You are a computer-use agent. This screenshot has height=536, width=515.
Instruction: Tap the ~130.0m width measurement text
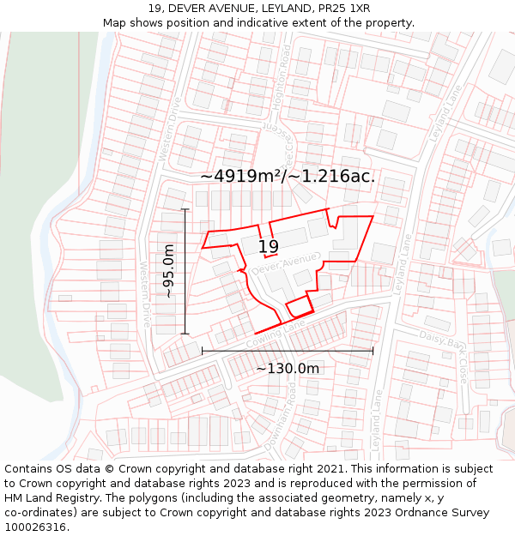(288, 369)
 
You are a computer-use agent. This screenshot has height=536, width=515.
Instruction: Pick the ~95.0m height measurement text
(169, 271)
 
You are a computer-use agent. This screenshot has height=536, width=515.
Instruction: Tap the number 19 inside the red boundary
(269, 247)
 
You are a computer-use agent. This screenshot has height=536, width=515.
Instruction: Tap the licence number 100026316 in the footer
(34, 527)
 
